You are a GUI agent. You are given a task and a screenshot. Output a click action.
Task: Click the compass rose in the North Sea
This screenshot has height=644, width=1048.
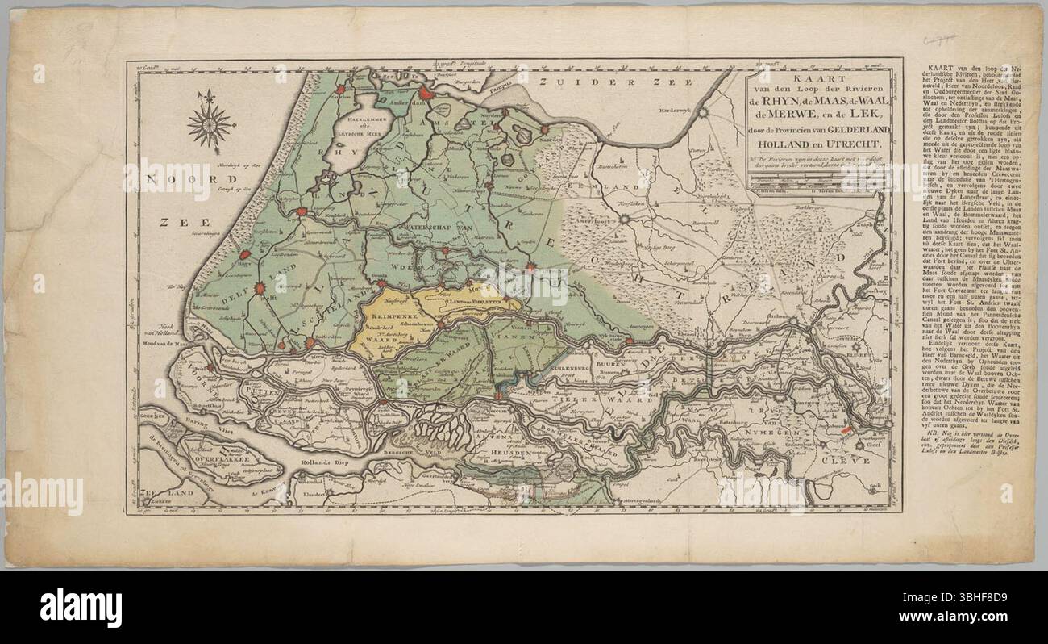click(x=211, y=124)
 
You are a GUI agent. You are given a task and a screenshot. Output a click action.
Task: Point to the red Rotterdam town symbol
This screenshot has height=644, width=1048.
click(x=310, y=343)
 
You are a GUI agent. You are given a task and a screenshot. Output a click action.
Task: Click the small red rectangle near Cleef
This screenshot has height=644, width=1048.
click(x=845, y=432)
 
